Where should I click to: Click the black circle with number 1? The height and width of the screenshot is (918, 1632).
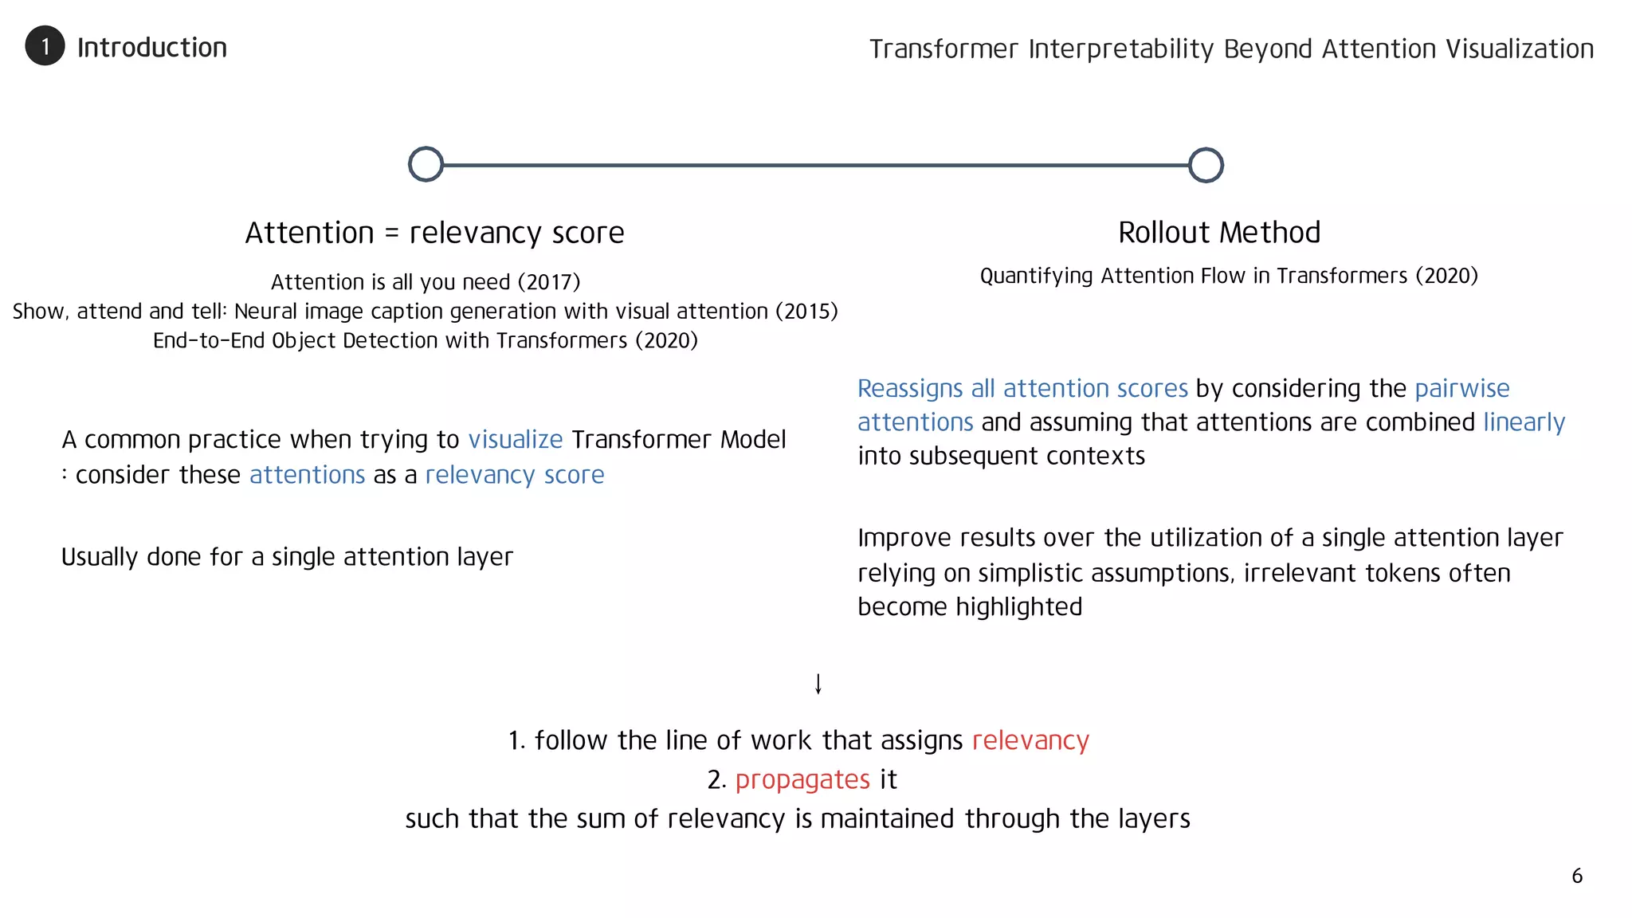click(x=45, y=46)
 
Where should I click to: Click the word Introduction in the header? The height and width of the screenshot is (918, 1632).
click(x=152, y=48)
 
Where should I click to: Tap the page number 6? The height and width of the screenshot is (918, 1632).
click(x=1577, y=876)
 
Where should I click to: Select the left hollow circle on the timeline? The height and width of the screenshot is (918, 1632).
click(x=426, y=164)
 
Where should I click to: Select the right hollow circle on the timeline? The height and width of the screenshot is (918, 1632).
click(x=1206, y=165)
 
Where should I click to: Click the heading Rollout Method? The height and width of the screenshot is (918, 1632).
click(x=1219, y=233)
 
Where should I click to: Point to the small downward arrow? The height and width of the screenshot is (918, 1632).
click(x=818, y=684)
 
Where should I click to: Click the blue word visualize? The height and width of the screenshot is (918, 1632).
click(x=516, y=439)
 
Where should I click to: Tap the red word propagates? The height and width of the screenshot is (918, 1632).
click(x=802, y=779)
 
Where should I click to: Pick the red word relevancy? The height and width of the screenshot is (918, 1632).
click(x=1030, y=740)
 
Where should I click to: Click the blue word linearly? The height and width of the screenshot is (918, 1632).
click(x=1524, y=422)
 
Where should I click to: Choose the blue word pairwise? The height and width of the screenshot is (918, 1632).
click(x=1462, y=388)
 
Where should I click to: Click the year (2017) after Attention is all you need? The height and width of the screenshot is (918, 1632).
click(x=549, y=282)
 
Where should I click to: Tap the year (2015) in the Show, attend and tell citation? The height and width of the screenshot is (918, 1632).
click(x=806, y=311)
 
